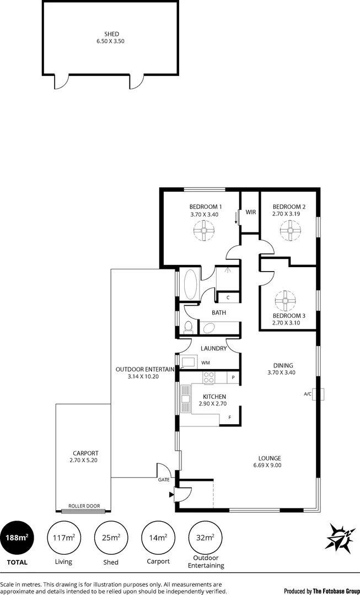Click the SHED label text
[111, 34]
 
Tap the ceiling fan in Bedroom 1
[205, 230]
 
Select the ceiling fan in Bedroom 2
[288, 230]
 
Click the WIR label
[251, 212]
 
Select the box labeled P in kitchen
[234, 377]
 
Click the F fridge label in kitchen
[229, 418]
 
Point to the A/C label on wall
[308, 394]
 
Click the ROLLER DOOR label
[84, 506]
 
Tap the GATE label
[164, 480]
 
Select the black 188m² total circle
[17, 538]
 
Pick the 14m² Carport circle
[159, 538]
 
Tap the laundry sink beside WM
[187, 363]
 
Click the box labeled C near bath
[228, 298]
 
